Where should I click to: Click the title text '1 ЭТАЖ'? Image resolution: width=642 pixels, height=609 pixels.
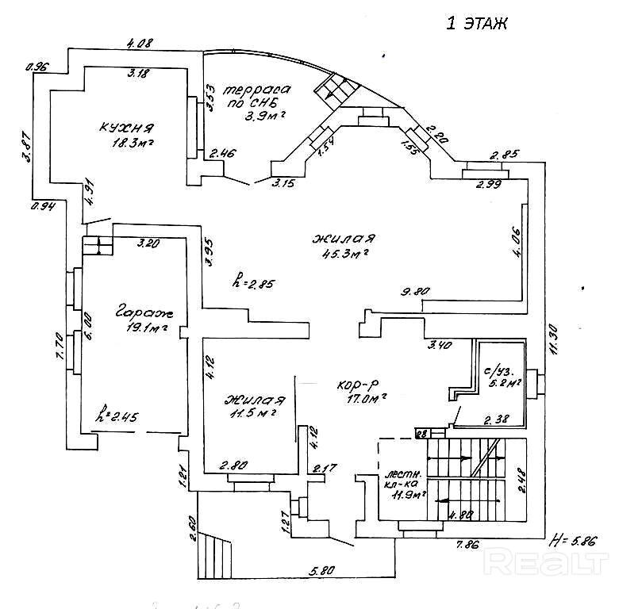[477, 23]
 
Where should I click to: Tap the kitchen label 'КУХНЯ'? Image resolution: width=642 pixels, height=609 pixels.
[126, 128]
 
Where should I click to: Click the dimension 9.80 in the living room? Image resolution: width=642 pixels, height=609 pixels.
[415, 292]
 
